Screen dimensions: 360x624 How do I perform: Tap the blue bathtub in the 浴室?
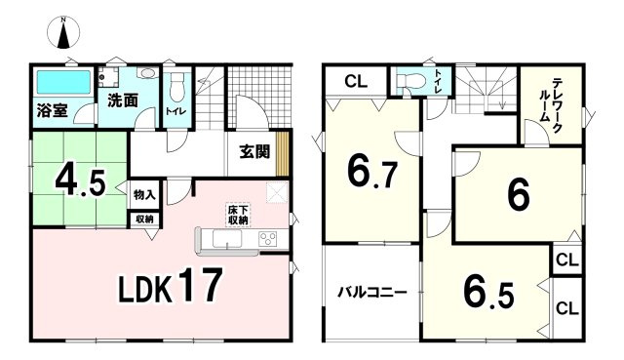click(64, 79)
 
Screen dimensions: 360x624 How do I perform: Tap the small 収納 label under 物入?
click(143, 219)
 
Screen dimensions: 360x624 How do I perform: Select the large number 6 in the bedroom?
click(517, 194)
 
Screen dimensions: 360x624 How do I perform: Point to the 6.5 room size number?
click(487, 292)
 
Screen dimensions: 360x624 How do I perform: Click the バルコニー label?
click(373, 292)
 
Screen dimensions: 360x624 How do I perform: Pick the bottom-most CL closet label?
click(565, 308)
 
